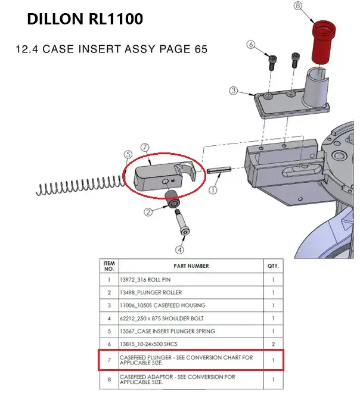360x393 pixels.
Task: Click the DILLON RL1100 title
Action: tap(85, 20)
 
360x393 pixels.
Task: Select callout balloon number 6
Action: tap(250, 45)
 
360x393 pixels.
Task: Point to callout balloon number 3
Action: tap(234, 91)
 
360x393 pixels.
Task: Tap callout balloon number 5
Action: tap(127, 154)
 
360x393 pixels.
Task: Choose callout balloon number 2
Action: tap(148, 211)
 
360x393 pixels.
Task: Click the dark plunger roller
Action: tap(172, 201)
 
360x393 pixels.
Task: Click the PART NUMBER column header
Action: tap(191, 266)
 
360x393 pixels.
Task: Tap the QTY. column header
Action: tap(273, 266)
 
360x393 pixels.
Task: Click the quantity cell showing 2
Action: tap(273, 344)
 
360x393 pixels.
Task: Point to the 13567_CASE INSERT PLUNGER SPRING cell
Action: tap(167, 331)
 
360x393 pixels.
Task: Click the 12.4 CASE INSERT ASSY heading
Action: tap(111, 49)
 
